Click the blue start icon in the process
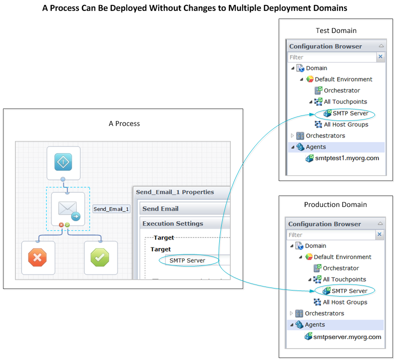[63, 162]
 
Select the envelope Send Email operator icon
[68, 208]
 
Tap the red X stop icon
[38, 257]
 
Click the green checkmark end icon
[100, 257]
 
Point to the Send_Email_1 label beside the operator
[111, 209]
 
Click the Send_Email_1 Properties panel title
[175, 192]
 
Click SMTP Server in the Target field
[187, 260]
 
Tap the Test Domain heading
[336, 30]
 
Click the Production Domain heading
[335, 204]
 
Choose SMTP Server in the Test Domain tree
[350, 113]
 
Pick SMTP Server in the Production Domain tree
[349, 291]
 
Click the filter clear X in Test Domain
[381, 57]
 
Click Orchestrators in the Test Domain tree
[325, 135]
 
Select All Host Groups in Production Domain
[345, 302]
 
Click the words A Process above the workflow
[124, 123]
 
